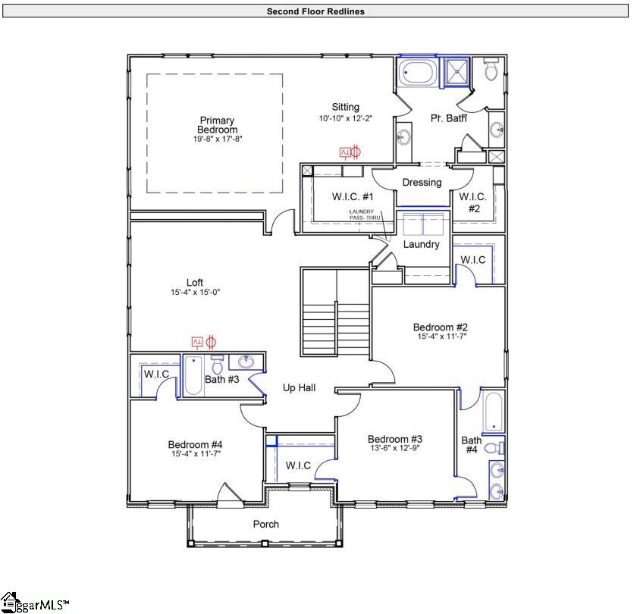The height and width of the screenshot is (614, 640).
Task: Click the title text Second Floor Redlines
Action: coord(315,11)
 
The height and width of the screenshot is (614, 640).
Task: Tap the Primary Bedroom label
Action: coord(217,125)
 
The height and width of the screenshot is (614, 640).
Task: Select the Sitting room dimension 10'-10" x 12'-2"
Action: coord(345,119)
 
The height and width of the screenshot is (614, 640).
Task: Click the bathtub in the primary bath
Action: coord(417,73)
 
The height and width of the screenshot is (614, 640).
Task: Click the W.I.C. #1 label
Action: coord(350,197)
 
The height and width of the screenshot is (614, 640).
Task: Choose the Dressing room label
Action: coord(422,183)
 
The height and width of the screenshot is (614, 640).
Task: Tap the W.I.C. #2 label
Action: coord(473,202)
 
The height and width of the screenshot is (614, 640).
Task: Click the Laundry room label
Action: coord(421,245)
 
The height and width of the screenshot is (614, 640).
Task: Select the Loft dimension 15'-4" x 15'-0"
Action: coord(195,293)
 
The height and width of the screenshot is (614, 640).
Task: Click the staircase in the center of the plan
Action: coord(334,311)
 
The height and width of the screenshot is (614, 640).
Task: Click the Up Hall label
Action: coord(299,388)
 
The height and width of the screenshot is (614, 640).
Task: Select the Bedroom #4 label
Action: coord(195,445)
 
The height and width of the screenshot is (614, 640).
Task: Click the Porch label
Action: coord(265,525)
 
